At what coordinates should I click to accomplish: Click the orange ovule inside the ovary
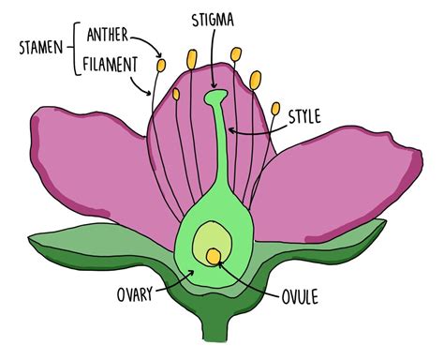215,254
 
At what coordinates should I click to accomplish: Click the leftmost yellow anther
161,66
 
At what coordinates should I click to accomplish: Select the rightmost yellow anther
276,110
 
